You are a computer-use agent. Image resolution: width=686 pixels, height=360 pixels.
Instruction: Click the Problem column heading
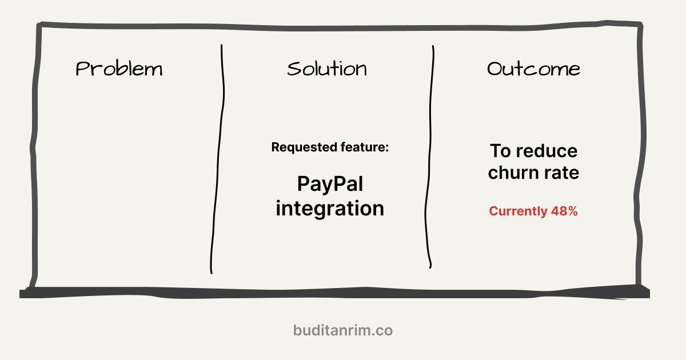pos(119,69)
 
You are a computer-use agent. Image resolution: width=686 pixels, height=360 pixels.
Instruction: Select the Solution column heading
pos(327,69)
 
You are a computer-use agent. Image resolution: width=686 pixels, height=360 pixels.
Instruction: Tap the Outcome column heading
pos(533,69)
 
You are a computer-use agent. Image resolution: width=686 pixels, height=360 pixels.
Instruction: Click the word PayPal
pos(330,184)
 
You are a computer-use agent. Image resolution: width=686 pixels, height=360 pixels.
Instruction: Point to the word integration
pos(330,208)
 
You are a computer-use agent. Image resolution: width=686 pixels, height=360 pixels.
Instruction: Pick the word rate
pos(560,173)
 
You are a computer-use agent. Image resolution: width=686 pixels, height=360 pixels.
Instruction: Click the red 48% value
pos(564,211)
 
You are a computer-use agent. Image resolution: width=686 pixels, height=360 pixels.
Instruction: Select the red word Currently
pos(518,211)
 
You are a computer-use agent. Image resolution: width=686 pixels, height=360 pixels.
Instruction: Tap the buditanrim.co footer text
pos(343,330)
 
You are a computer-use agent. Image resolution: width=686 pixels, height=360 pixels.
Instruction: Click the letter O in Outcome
pos(495,69)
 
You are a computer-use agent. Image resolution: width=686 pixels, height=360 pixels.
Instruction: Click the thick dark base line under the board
pos(334,293)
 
